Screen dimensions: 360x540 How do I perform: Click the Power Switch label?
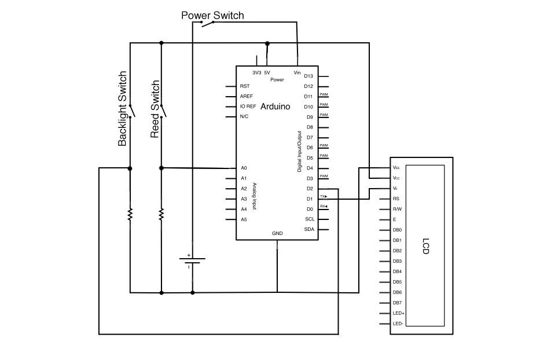(x=212, y=15)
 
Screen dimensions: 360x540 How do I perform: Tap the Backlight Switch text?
(x=122, y=109)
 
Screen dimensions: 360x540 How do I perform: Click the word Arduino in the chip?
(x=275, y=106)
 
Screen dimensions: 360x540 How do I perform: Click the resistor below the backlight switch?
(x=130, y=214)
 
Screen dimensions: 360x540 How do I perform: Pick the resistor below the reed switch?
(x=161, y=214)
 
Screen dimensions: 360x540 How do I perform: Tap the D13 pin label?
(x=308, y=76)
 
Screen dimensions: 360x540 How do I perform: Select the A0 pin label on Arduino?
(x=244, y=168)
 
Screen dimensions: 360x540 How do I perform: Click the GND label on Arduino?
(x=277, y=234)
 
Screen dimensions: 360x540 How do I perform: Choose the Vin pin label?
(x=297, y=72)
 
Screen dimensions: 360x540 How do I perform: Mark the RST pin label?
(x=244, y=86)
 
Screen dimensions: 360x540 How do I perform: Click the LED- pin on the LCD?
(x=398, y=324)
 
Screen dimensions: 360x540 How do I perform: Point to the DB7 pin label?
(x=397, y=303)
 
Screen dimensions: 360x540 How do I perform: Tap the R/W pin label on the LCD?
(x=397, y=209)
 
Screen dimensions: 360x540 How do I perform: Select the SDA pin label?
(x=309, y=229)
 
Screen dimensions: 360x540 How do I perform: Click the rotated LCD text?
(x=426, y=247)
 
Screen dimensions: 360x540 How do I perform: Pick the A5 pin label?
(x=244, y=219)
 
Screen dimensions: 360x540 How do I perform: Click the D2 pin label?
(x=309, y=189)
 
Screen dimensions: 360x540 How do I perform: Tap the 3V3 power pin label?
(x=256, y=72)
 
